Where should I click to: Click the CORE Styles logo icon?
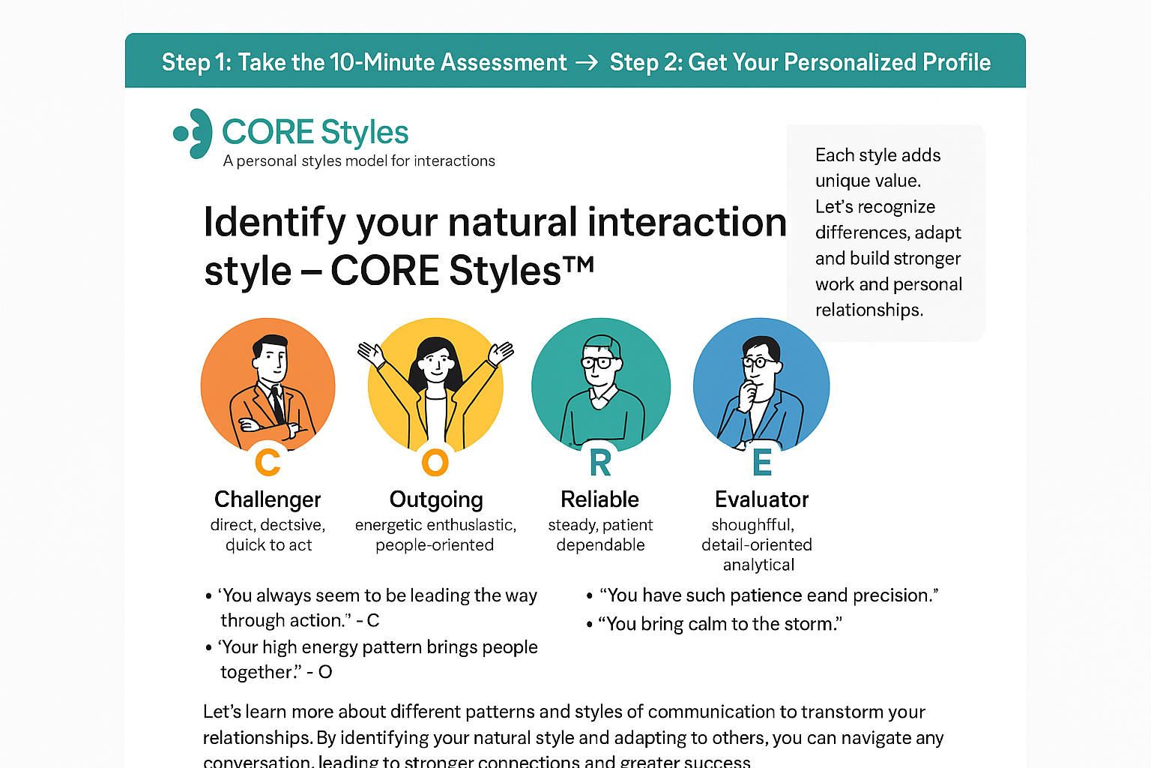(x=193, y=133)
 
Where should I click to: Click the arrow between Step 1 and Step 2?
(x=587, y=62)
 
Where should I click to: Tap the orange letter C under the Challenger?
(x=268, y=462)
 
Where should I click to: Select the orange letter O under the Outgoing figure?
(x=435, y=462)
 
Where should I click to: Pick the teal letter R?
(x=600, y=463)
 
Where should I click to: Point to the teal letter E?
(x=762, y=463)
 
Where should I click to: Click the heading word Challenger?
(x=268, y=499)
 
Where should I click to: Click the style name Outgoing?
(x=436, y=499)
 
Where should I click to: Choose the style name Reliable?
(x=599, y=499)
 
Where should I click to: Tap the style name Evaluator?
(x=761, y=499)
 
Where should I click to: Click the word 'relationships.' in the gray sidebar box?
(x=868, y=310)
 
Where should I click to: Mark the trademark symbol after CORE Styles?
(x=579, y=263)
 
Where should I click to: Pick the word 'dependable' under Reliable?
(x=600, y=545)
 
